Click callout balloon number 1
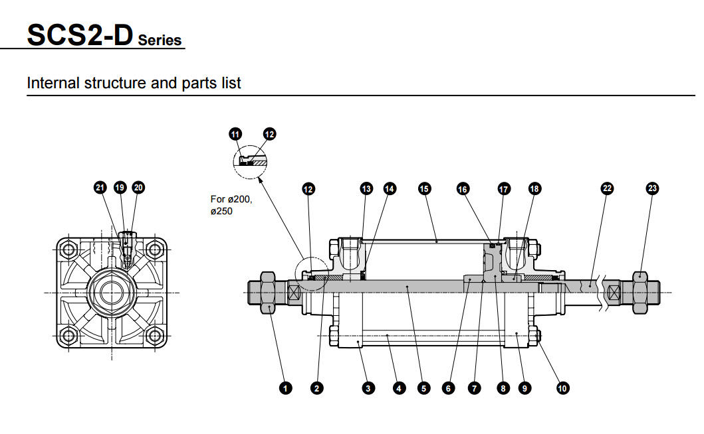tap(286, 388)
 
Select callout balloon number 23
tap(652, 188)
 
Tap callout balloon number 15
tap(424, 188)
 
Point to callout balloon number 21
tap(100, 188)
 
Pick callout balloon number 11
tap(235, 134)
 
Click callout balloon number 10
tap(562, 388)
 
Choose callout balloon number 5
tap(423, 388)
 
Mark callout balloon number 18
tap(534, 188)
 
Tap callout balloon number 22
tap(606, 188)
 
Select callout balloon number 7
tap(474, 388)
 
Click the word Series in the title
tap(160, 40)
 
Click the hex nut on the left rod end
tap(269, 291)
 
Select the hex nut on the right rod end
tap(639, 291)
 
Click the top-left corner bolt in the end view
tap(66, 250)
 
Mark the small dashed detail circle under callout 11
tap(251, 161)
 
